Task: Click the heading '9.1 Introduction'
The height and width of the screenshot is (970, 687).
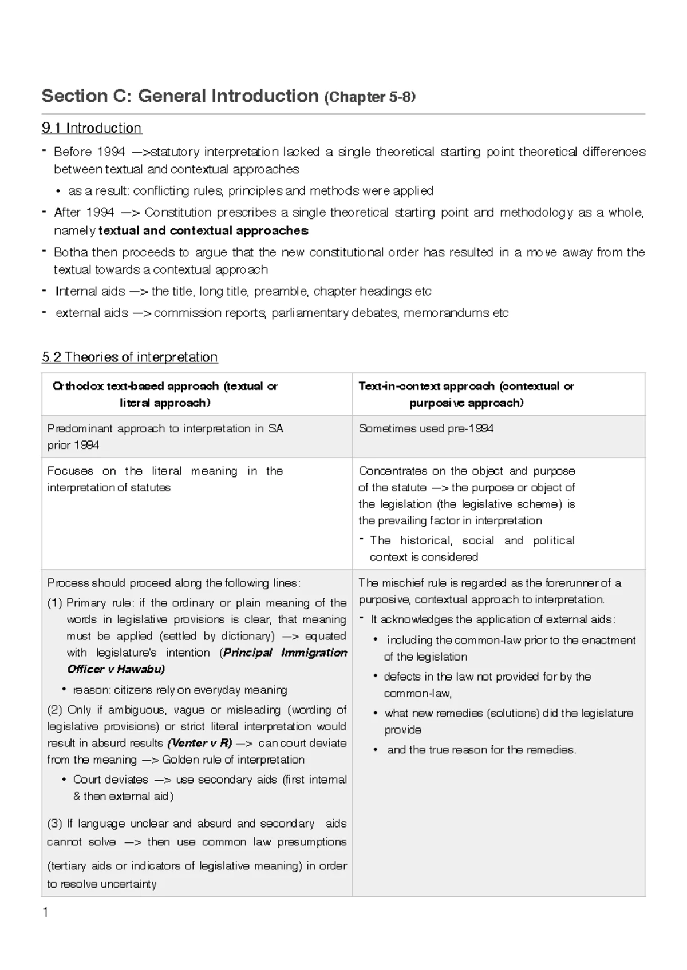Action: (92, 128)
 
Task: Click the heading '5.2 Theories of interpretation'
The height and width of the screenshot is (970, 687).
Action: (129, 357)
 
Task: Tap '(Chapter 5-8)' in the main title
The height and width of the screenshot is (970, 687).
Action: (370, 97)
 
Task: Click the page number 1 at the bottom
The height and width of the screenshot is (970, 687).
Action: (45, 912)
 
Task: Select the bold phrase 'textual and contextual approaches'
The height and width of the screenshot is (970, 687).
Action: (203, 231)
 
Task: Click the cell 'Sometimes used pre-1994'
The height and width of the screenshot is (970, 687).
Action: (426, 429)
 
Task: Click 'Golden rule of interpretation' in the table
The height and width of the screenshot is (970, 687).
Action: (233, 760)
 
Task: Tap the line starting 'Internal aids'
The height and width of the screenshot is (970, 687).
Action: (243, 292)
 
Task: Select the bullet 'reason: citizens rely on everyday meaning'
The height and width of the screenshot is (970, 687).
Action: (180, 690)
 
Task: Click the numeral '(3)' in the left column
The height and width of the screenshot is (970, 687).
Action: (54, 824)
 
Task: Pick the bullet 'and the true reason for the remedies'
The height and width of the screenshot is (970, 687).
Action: (481, 750)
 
